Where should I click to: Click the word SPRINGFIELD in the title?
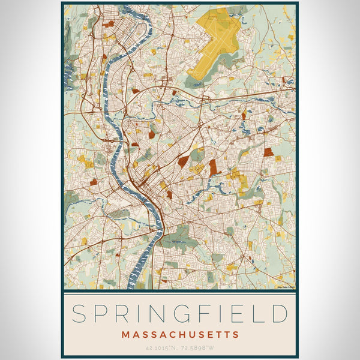180,314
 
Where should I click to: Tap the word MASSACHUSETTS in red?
180,334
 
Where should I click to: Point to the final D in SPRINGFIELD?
280,314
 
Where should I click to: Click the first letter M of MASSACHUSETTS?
125,334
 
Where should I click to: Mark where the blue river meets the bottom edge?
133,287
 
